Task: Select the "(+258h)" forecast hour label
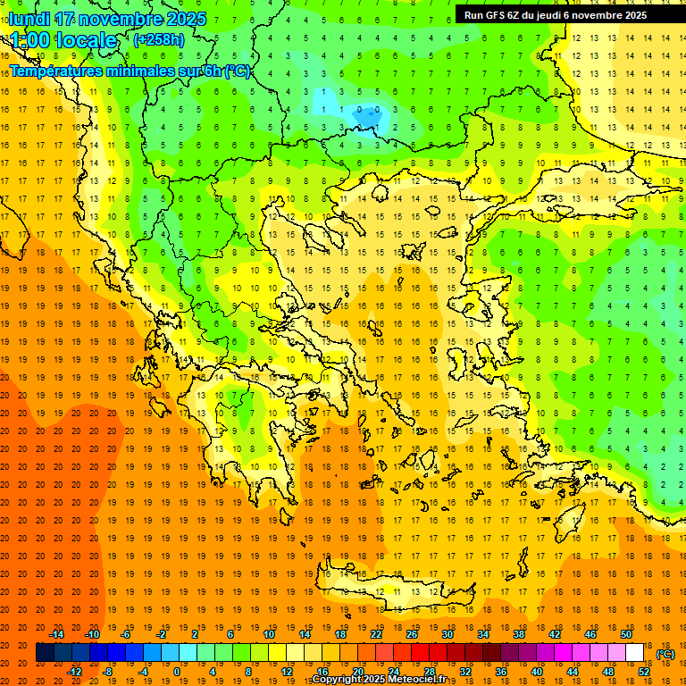(159, 39)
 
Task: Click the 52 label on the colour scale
(644, 672)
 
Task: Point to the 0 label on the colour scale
(176, 672)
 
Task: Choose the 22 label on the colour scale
(376, 634)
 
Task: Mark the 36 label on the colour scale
(501, 672)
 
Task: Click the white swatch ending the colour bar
(634, 653)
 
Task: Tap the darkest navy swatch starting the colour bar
(45, 653)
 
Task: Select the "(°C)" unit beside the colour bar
(665, 654)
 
